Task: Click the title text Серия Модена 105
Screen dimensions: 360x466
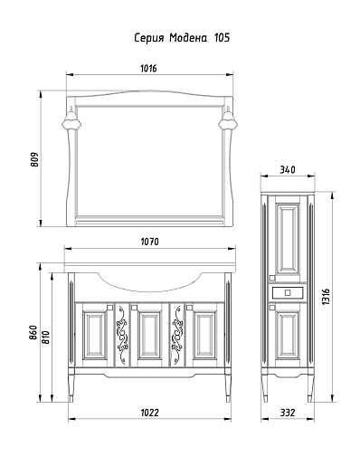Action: click(x=182, y=38)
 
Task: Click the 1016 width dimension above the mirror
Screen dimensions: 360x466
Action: click(x=148, y=69)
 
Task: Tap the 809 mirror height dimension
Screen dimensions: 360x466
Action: click(x=35, y=159)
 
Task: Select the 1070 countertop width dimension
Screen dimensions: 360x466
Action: click(x=149, y=242)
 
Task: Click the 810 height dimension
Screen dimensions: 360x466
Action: click(x=45, y=337)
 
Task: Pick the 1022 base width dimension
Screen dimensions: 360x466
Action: click(x=149, y=413)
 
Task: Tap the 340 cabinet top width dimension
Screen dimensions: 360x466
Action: click(x=288, y=170)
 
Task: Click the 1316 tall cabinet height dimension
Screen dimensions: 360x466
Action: click(x=326, y=297)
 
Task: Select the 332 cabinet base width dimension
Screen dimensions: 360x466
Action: click(x=288, y=413)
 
